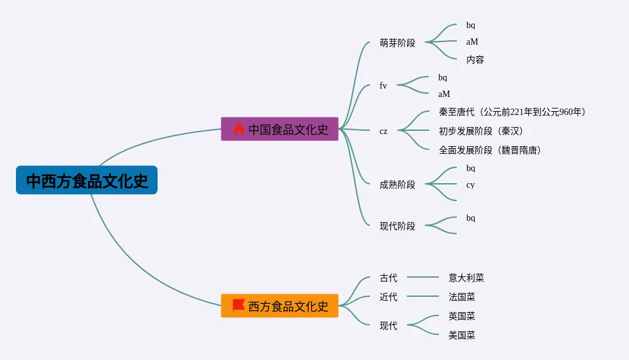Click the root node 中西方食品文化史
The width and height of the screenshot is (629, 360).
tap(87, 180)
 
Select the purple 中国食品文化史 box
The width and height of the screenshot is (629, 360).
tap(279, 129)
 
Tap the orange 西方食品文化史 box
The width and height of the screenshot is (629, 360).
tap(279, 306)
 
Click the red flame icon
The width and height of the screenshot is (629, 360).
tap(239, 129)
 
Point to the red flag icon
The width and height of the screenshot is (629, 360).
tap(239, 305)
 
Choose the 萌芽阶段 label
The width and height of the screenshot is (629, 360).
tap(397, 43)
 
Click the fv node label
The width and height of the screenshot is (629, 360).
tap(383, 86)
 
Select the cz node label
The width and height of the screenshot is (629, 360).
tap(383, 131)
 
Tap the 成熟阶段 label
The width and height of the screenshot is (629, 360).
tap(397, 184)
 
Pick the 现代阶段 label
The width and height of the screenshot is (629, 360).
tap(397, 226)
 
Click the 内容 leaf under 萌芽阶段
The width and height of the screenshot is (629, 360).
tap(475, 60)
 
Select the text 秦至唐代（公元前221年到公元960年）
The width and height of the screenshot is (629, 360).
tap(512, 112)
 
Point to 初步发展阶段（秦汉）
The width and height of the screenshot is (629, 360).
tap(481, 131)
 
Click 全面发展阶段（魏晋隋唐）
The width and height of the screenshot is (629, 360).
tap(490, 150)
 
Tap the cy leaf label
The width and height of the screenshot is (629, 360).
tap(471, 185)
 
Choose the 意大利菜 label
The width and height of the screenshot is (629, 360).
tap(466, 278)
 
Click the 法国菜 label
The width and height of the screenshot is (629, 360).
tap(462, 297)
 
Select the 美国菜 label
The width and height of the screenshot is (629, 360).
tap(462, 335)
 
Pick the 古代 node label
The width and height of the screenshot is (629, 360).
tap(389, 278)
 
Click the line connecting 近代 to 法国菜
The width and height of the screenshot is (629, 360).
tap(423, 296)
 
